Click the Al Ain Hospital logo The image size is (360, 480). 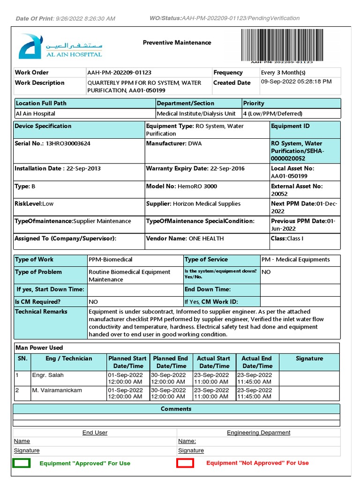[60, 46]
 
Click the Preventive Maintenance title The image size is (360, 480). [177, 43]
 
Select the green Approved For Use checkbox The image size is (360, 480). [22, 463]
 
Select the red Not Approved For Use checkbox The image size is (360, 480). [185, 463]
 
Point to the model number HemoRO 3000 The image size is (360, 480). [197, 186]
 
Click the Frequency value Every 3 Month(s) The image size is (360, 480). [283, 73]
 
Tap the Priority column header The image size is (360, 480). [254, 103]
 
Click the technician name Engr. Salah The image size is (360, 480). [47, 375]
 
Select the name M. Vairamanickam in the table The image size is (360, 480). [57, 390]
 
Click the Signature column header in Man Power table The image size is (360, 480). [309, 359]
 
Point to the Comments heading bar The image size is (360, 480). [176, 409]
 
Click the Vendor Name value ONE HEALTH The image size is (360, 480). [206, 239]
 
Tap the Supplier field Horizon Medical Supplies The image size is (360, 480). [206, 204]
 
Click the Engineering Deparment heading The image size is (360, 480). [258, 433]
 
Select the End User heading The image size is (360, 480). [95, 433]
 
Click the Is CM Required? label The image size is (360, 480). [38, 302]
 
